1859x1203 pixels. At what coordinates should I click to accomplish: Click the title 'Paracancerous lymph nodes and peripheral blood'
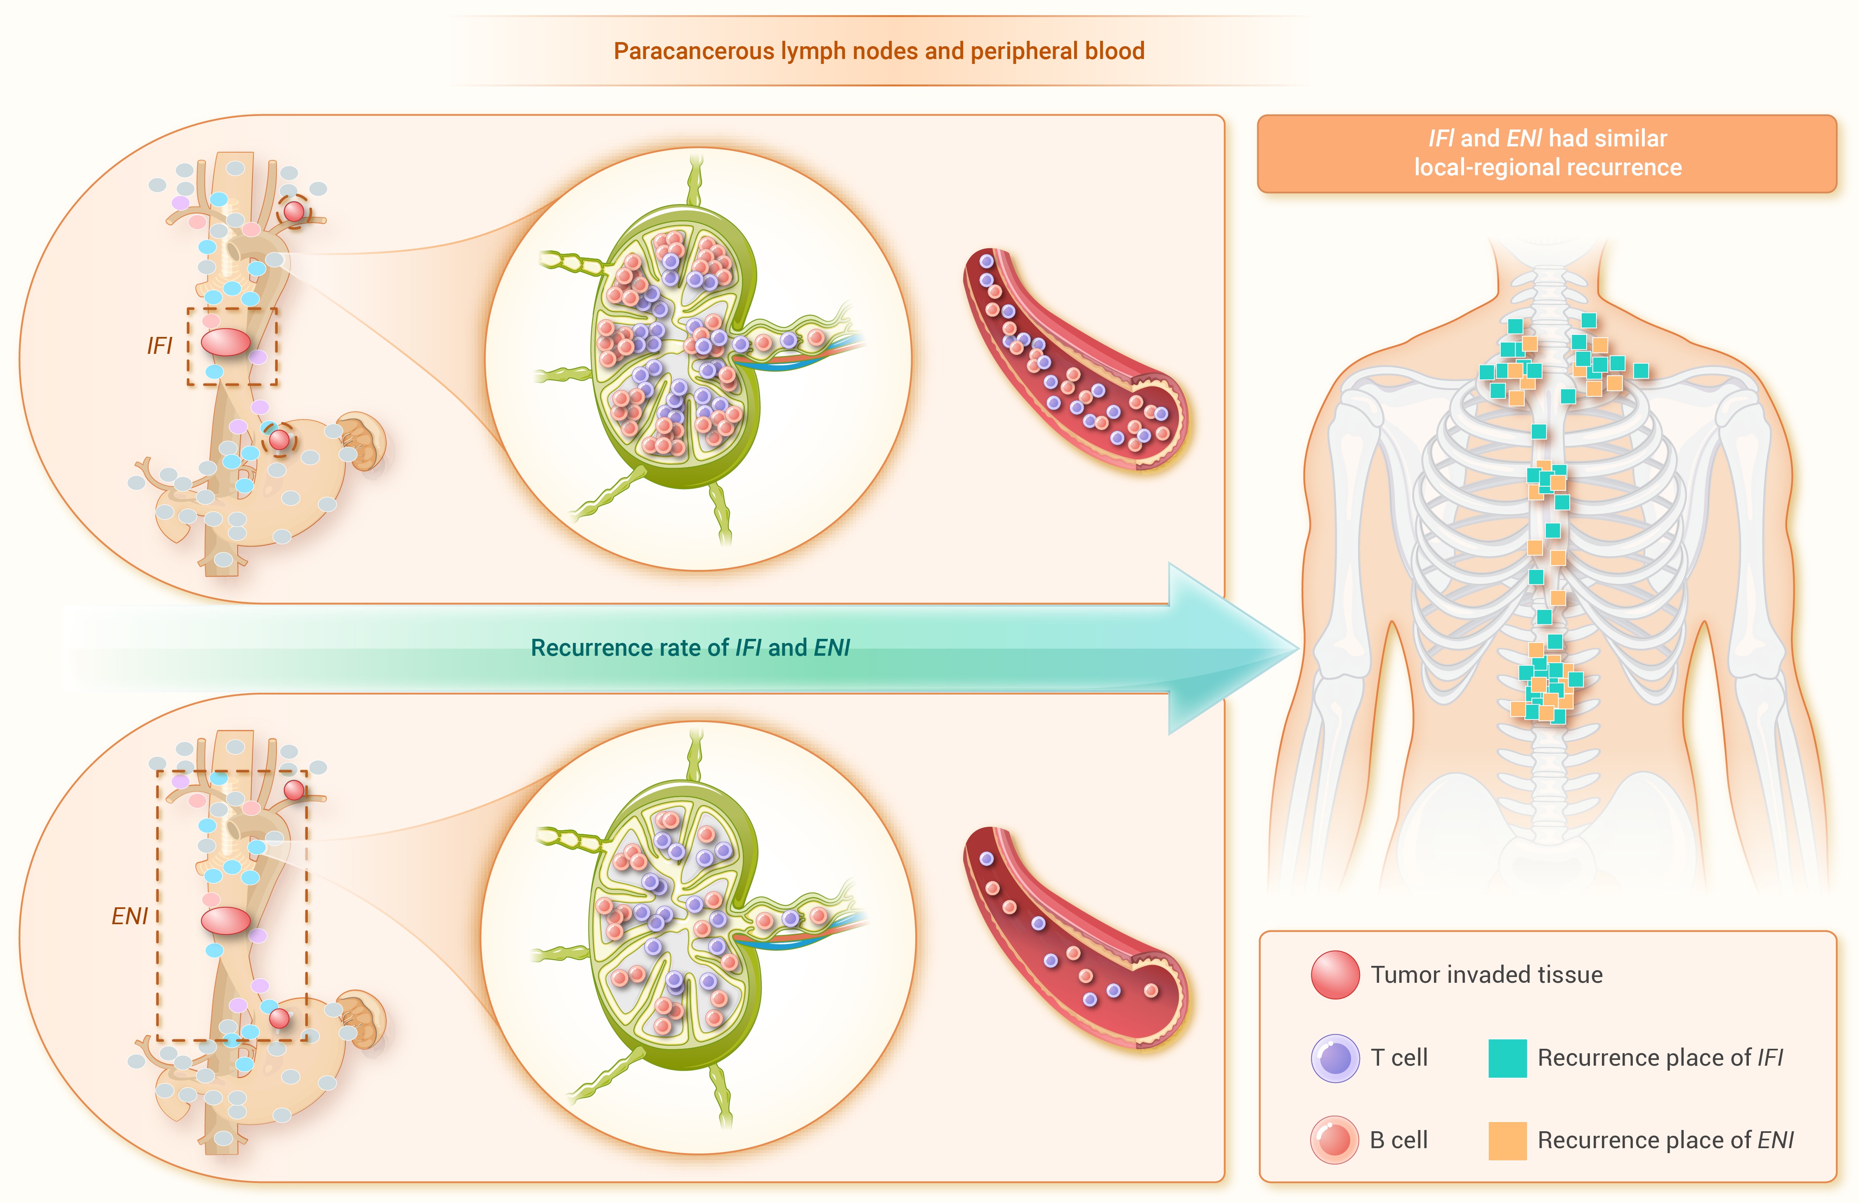pyautogui.click(x=879, y=52)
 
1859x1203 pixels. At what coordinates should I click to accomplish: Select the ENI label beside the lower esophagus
pyautogui.click(x=130, y=916)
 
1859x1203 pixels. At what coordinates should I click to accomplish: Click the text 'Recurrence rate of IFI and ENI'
pyautogui.click(x=690, y=648)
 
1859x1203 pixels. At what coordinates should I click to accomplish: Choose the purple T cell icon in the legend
pyautogui.click(x=1335, y=1058)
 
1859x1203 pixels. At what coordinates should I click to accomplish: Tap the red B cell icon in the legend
pyautogui.click(x=1335, y=1140)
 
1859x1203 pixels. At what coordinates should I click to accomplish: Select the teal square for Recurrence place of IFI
pyautogui.click(x=1507, y=1058)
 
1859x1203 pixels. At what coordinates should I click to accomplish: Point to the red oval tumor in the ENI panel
pyautogui.click(x=226, y=920)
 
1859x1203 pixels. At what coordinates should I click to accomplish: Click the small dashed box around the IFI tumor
pyautogui.click(x=188, y=346)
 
